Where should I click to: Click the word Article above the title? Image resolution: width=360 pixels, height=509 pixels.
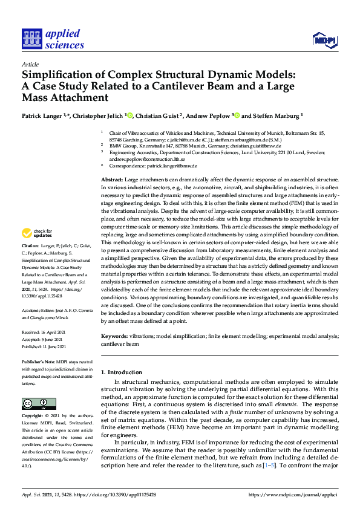coord(30,64)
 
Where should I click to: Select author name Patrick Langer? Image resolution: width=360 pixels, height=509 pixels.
coord(42,115)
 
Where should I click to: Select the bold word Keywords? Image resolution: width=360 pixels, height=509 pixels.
coord(114,335)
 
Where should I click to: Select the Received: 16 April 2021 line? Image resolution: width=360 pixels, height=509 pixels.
coord(44,332)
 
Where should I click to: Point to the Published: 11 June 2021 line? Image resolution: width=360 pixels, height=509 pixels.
coord(45,346)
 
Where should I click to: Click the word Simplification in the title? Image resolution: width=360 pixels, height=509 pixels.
coord(61,76)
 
